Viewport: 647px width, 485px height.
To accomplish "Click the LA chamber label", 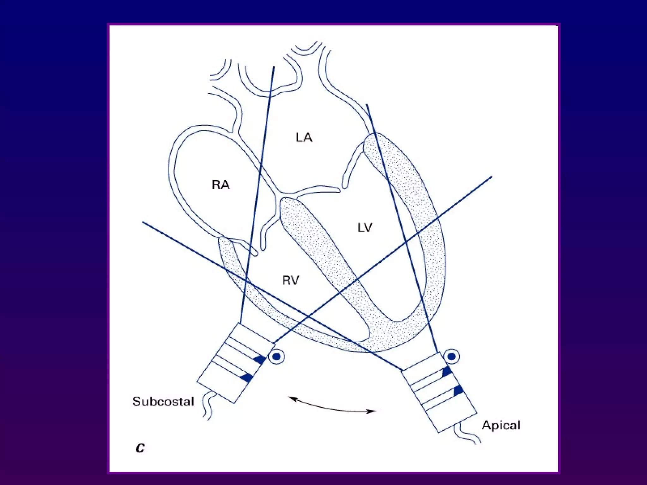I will coord(304,138).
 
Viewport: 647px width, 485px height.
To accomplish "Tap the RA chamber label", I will coord(221,185).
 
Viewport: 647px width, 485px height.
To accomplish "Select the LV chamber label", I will coord(365,227).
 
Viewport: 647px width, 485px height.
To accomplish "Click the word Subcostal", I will coord(163,401).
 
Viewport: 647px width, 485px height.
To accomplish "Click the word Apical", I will coord(501,425).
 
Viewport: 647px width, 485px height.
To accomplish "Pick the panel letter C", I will coord(140,448).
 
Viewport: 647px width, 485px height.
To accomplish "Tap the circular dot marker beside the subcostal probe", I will coord(277,357).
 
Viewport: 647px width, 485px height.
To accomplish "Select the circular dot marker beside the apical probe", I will coord(452,356).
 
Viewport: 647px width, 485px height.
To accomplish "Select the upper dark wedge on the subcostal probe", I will coord(260,359).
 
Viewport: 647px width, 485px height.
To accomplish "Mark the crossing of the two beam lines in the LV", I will coord(405,242).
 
